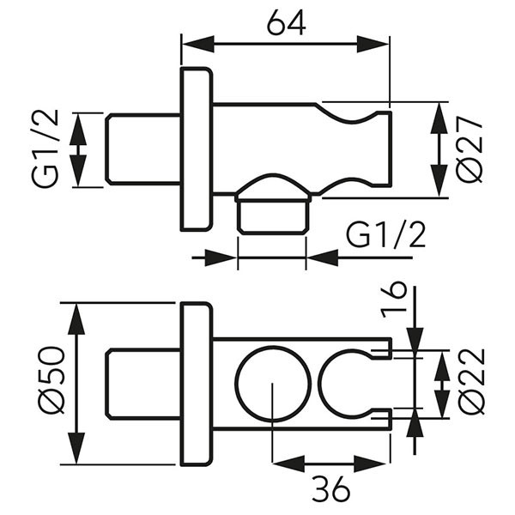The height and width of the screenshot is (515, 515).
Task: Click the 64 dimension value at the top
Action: point(286,24)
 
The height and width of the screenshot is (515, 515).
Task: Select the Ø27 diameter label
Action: point(470,150)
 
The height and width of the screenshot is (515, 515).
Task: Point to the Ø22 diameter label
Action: point(472,382)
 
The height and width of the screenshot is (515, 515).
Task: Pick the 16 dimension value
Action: point(393,300)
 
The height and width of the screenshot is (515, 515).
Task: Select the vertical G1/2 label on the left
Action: point(45,148)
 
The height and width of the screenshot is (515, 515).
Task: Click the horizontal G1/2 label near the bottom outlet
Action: point(386,235)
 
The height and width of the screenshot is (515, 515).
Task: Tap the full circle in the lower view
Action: point(273,348)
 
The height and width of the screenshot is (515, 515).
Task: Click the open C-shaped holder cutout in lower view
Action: point(320,383)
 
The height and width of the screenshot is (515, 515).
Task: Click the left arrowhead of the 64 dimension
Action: point(197,44)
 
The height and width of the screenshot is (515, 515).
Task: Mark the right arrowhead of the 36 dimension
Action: point(370,463)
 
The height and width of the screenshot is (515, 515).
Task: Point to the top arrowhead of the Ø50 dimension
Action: point(76,319)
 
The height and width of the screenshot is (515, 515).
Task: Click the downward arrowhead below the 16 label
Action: point(415,339)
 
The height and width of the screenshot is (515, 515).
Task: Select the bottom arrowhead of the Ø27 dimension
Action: point(439,180)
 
